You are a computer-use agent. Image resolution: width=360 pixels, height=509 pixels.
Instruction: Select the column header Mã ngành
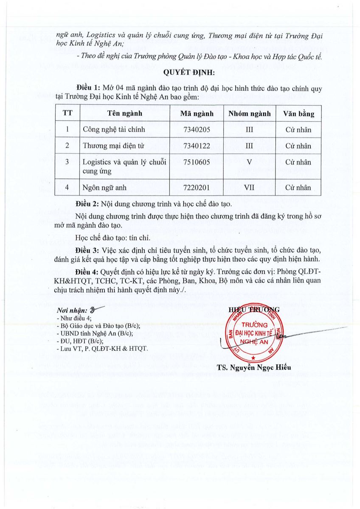click(x=196, y=114)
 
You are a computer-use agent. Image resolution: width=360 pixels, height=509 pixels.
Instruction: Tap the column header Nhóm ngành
click(x=249, y=114)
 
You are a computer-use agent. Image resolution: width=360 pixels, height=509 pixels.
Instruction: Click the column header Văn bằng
click(x=299, y=114)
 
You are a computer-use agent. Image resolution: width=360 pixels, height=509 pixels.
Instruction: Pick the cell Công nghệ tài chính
click(x=108, y=130)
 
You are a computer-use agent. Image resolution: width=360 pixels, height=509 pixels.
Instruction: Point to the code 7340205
click(x=196, y=130)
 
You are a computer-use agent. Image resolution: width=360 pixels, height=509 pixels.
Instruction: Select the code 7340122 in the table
click(x=196, y=146)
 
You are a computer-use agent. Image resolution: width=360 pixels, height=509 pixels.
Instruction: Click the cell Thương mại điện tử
click(x=108, y=146)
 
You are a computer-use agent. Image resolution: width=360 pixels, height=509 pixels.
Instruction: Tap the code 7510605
click(x=196, y=162)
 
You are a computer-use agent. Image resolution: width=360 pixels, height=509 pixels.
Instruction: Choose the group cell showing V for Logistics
click(x=249, y=162)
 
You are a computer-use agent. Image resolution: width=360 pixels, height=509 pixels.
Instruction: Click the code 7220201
click(x=196, y=186)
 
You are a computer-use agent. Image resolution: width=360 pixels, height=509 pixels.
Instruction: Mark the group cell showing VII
click(x=249, y=186)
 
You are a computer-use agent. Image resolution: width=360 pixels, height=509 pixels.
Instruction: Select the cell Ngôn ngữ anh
click(x=102, y=186)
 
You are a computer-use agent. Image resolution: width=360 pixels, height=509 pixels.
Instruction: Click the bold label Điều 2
click(x=87, y=204)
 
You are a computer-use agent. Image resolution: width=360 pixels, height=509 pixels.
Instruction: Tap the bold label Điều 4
click(x=87, y=271)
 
